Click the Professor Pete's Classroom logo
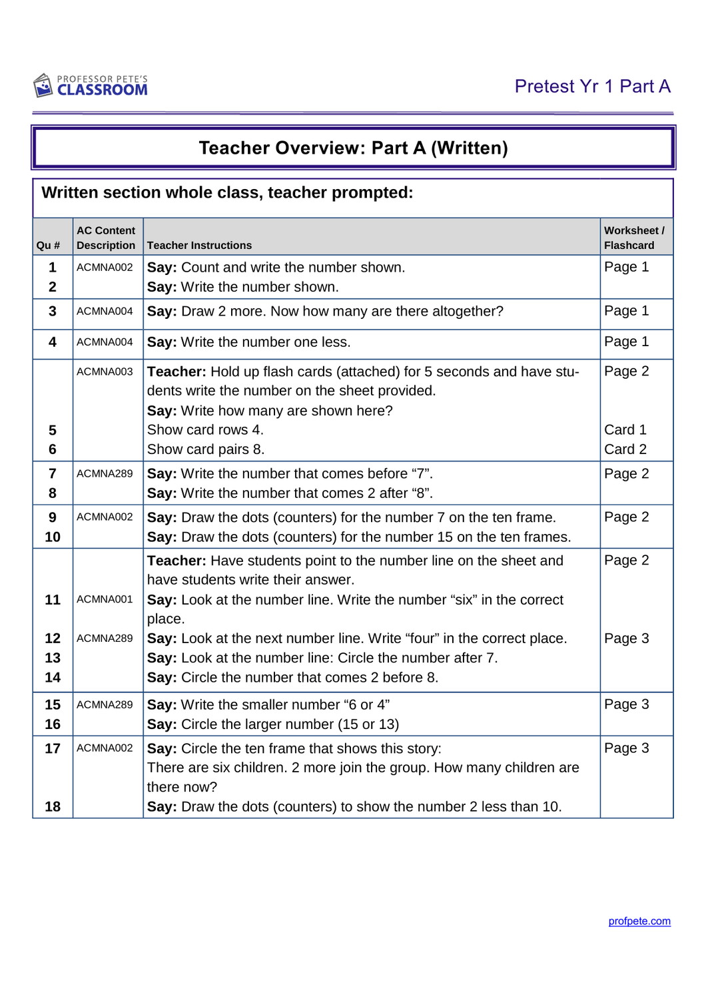(x=91, y=86)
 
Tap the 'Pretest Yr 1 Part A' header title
(x=592, y=87)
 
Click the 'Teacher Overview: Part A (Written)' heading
(x=353, y=148)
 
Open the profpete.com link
(x=639, y=921)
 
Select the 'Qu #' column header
(x=48, y=246)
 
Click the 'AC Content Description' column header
(x=106, y=238)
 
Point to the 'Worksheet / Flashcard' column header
(x=633, y=238)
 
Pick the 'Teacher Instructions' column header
(x=199, y=246)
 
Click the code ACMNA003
(x=105, y=372)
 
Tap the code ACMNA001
(x=105, y=599)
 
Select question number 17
(x=53, y=748)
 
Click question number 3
(x=53, y=311)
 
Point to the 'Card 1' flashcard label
(x=625, y=430)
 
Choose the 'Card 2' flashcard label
(x=625, y=449)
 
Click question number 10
(x=53, y=537)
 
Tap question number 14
(x=53, y=677)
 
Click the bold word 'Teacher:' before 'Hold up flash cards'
(x=176, y=372)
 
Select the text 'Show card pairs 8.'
(x=206, y=449)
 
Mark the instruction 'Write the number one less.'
(x=265, y=342)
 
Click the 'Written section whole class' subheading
(x=227, y=193)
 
